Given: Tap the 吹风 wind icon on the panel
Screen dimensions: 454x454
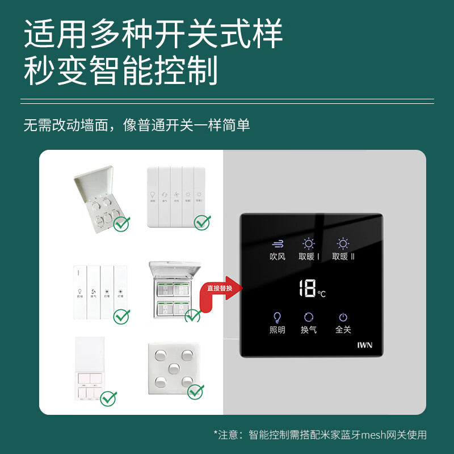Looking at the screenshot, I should tap(278, 244).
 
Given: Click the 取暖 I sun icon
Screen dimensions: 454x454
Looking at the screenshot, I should tap(309, 244).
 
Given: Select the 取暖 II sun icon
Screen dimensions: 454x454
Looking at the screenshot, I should tap(343, 244).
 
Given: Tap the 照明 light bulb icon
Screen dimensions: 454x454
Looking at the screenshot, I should tap(278, 317).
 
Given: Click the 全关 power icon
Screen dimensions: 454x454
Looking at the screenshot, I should tap(343, 317).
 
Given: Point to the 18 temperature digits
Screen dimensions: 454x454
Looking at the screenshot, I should tap(307, 288).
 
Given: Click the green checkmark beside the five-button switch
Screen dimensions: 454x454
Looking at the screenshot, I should tap(196, 391).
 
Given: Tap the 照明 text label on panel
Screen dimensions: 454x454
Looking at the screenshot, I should tap(278, 330).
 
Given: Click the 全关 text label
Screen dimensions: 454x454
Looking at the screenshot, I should tap(343, 330).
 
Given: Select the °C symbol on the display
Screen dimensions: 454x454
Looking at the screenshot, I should tap(322, 293).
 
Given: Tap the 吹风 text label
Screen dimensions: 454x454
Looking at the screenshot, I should tap(278, 257).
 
